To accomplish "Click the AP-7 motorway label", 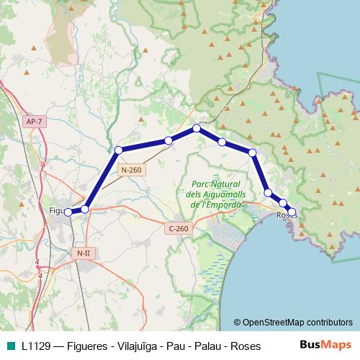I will (x=34, y=122).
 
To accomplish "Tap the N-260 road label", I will (x=132, y=170).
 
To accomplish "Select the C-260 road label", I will (x=178, y=229).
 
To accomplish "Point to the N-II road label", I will (x=84, y=253).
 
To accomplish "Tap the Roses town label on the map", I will (x=286, y=215).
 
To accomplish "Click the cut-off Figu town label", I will (x=56, y=210).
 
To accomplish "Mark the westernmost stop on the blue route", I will (x=68, y=212).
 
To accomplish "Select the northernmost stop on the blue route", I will (x=196, y=128).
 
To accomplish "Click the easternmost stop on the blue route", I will (x=292, y=212).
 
